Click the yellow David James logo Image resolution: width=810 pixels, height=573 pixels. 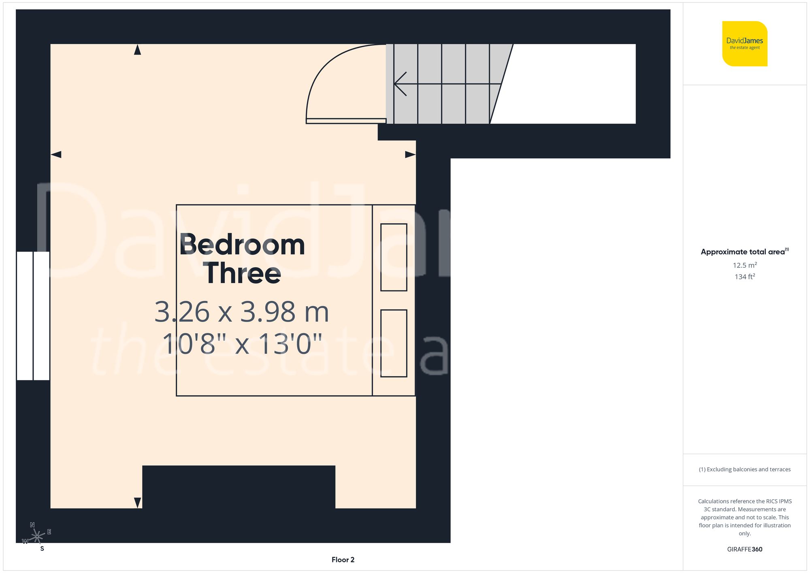click(744, 44)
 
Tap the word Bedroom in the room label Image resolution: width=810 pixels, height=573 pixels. click(242, 245)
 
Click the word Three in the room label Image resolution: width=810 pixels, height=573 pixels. click(243, 273)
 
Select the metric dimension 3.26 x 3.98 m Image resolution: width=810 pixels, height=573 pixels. click(241, 312)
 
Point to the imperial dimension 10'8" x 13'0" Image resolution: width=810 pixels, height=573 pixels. click(242, 344)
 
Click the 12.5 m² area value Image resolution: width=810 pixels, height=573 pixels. click(744, 265)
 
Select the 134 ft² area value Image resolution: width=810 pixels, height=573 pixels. click(744, 277)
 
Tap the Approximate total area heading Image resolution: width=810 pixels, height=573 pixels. click(744, 252)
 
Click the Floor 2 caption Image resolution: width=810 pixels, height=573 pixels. click(343, 560)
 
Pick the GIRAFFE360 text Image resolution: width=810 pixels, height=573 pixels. click(744, 549)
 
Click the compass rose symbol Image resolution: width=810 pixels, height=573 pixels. click(37, 537)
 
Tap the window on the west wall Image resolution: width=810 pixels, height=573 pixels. click(33, 316)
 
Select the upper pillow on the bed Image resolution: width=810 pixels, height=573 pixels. click(394, 257)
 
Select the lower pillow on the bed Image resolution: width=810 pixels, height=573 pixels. click(394, 343)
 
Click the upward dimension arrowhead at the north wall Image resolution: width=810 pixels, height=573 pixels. click(137, 50)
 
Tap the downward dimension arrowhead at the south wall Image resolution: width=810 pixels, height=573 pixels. click(137, 503)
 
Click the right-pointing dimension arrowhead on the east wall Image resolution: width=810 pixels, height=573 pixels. click(410, 154)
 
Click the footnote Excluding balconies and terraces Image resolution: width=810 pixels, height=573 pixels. click(744, 469)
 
